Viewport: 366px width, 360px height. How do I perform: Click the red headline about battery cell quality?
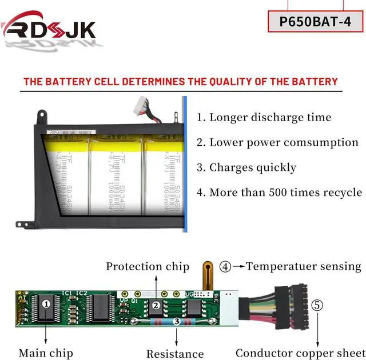point(181,82)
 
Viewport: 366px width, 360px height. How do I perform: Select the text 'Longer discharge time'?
point(264,118)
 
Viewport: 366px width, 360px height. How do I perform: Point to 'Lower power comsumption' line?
point(278,143)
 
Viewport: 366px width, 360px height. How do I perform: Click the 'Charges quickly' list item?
point(246,167)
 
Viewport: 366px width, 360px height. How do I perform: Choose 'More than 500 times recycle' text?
point(280,193)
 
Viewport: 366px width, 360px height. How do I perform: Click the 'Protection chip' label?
point(148,267)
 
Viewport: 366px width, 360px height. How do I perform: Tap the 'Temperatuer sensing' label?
point(303,266)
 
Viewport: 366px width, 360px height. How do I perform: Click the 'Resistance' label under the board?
point(175,354)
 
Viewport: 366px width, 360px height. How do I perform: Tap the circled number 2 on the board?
point(156,306)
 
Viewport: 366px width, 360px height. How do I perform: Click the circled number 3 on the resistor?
point(177,322)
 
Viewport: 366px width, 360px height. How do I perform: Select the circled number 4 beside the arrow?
point(225,266)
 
